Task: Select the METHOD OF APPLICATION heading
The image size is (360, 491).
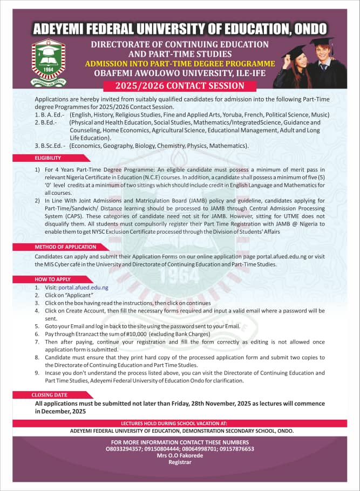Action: (x=65, y=247)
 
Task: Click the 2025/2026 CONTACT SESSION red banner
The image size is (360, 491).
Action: (x=180, y=86)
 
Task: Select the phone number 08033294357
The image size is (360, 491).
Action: (x=124, y=448)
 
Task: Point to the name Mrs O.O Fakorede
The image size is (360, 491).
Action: (x=180, y=455)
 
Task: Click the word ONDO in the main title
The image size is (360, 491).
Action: (x=307, y=28)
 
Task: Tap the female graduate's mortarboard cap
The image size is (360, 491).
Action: (x=296, y=50)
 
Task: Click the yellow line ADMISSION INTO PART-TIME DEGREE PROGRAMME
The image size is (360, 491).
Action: (x=180, y=64)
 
